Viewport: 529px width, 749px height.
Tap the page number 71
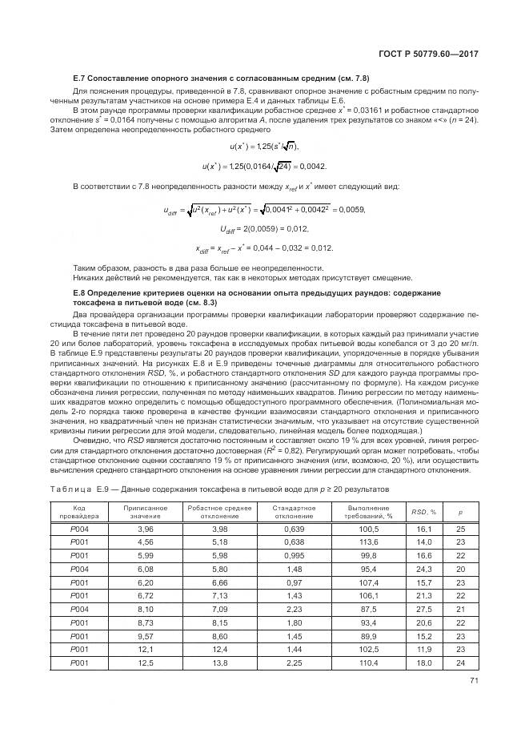coord(473,683)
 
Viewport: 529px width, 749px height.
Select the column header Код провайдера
coord(80,511)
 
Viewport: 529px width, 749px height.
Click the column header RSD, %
coord(424,511)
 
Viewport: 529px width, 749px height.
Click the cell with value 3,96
coord(145,530)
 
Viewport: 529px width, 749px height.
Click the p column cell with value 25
coord(460,530)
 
